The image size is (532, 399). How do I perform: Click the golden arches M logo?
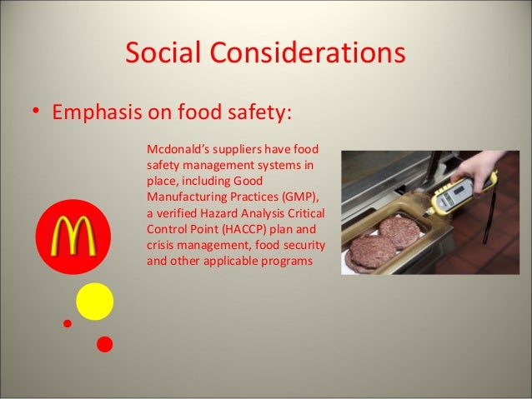coord(73,237)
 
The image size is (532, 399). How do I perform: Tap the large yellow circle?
coord(94,302)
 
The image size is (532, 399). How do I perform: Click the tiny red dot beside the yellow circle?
coord(68,322)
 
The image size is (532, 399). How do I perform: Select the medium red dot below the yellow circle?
coord(104,342)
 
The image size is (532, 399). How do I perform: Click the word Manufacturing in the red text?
coord(188,197)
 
